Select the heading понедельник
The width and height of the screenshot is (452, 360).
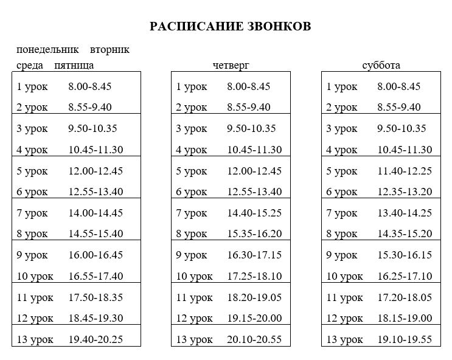pyautogui.click(x=48, y=50)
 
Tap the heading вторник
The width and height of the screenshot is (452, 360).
pyautogui.click(x=110, y=50)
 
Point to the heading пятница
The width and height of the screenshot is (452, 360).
pyautogui.click(x=74, y=66)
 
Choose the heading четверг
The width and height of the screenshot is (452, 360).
pyautogui.click(x=231, y=66)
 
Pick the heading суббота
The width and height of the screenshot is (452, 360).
pyautogui.click(x=381, y=66)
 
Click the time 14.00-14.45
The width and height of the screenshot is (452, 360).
pyautogui.click(x=96, y=213)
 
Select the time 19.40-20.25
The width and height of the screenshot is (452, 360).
pyautogui.click(x=96, y=339)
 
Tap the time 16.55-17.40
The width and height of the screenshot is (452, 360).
pyautogui.click(x=96, y=276)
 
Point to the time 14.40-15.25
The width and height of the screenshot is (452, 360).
pyautogui.click(x=254, y=213)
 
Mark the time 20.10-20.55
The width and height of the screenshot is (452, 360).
pyautogui.click(x=254, y=339)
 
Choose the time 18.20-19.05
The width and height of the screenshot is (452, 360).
pyautogui.click(x=254, y=297)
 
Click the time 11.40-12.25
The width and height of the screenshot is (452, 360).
pyautogui.click(x=405, y=171)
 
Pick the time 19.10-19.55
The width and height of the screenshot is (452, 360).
pyautogui.click(x=405, y=339)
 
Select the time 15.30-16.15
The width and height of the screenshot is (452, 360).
pyautogui.click(x=405, y=255)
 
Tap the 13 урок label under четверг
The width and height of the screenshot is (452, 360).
pyautogui.click(x=194, y=339)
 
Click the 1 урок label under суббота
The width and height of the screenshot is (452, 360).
pyautogui.click(x=342, y=87)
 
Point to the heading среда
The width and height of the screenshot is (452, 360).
pyautogui.click(x=30, y=66)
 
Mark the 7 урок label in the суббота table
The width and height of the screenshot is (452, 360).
pyautogui.click(x=342, y=213)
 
